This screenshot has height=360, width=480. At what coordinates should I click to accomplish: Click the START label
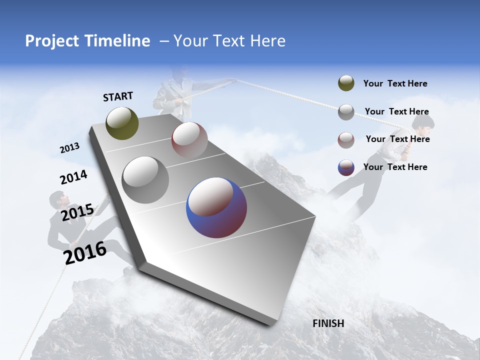coord(118,96)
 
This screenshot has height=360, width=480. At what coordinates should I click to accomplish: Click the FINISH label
coord(328,323)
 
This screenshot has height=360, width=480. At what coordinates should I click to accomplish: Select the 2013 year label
coord(70,148)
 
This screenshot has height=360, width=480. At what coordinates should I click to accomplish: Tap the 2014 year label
coord(74,177)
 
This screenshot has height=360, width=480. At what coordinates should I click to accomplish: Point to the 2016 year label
coord(85,252)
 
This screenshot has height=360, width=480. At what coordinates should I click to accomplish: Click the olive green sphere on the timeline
coord(122,123)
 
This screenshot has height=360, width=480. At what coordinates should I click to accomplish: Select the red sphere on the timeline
coord(189,139)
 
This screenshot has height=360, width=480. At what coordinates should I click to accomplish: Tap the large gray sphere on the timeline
coord(145,179)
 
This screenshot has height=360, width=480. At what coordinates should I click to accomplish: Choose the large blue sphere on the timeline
coord(216,207)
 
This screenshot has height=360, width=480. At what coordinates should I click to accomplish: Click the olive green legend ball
coord(346,83)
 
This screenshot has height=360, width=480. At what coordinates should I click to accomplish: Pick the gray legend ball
coord(346,112)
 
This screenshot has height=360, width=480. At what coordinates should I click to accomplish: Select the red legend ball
coord(346,139)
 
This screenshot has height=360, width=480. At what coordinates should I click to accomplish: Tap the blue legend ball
coord(346,167)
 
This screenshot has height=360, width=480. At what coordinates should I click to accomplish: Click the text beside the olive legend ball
coord(395,84)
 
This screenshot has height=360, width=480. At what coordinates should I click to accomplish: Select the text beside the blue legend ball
coord(395,167)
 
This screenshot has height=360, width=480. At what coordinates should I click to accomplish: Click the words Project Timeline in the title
coord(87,41)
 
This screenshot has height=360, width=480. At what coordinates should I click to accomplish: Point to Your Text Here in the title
coord(229,41)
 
